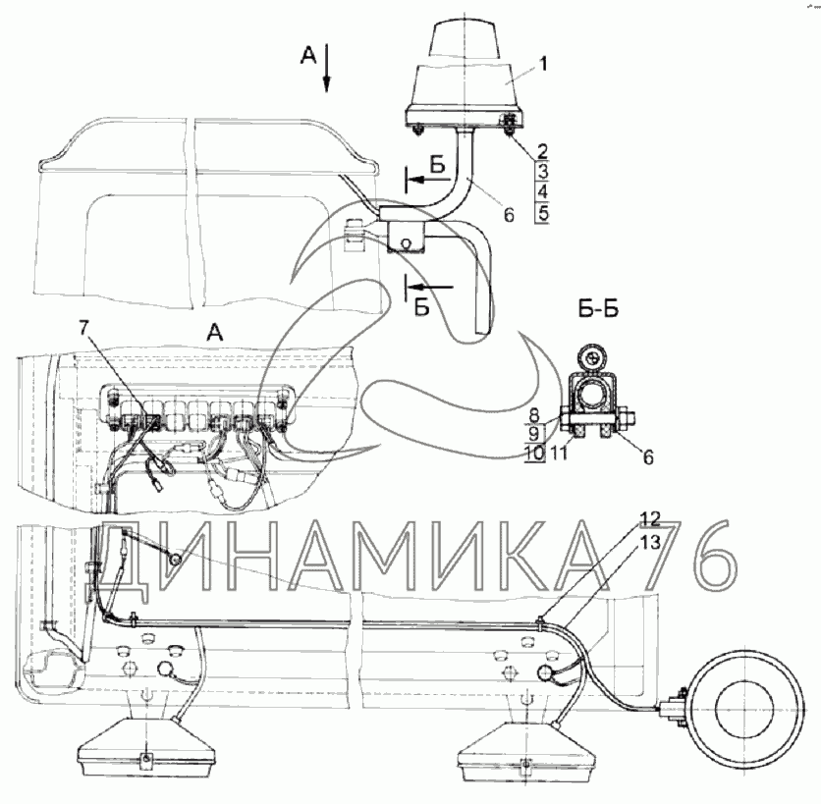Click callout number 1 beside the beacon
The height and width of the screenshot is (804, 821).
click(x=543, y=64)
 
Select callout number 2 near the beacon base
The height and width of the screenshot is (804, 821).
click(x=542, y=151)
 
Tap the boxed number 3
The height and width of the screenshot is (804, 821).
click(x=542, y=171)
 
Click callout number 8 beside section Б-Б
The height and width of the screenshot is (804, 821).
click(x=533, y=415)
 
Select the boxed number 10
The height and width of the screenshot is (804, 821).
click(x=534, y=453)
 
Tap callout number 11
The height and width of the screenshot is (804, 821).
click(x=559, y=453)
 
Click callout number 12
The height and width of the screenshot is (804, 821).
click(x=650, y=518)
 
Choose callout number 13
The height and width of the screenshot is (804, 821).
click(x=650, y=543)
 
